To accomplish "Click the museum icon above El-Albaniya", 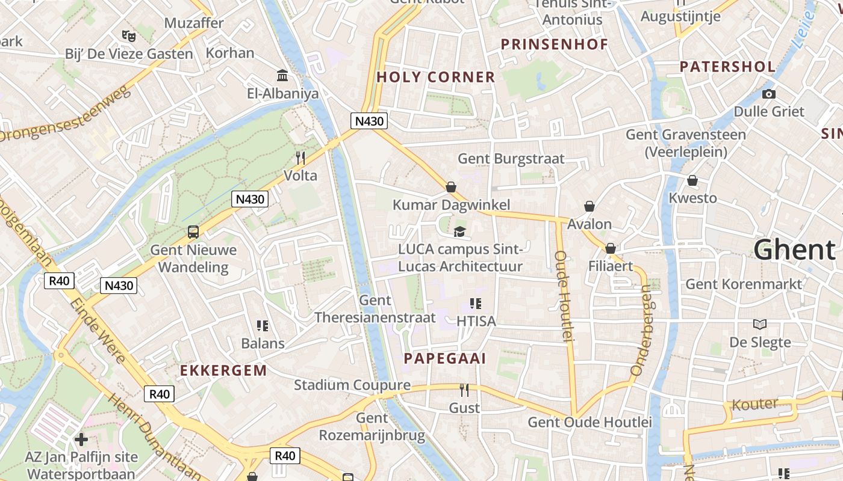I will (x=282, y=75).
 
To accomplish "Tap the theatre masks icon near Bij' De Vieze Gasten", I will (x=127, y=35).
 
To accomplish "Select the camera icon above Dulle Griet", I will (x=768, y=94).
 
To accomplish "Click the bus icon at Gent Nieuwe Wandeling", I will (x=193, y=231).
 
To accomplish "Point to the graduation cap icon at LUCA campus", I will (x=459, y=231).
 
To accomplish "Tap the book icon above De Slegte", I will (x=760, y=324).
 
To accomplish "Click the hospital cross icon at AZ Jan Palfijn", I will (x=81, y=440).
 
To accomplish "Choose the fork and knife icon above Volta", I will (x=300, y=158).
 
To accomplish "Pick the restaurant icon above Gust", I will (x=464, y=390).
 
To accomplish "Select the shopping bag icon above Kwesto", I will (x=692, y=180).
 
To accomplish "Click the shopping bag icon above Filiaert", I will (x=611, y=248).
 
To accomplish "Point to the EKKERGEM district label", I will (x=223, y=370).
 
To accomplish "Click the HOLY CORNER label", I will (x=435, y=77).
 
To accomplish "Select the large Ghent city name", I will (x=794, y=250).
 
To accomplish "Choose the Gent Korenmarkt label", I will (x=744, y=284).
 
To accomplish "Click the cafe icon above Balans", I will (x=262, y=326).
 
